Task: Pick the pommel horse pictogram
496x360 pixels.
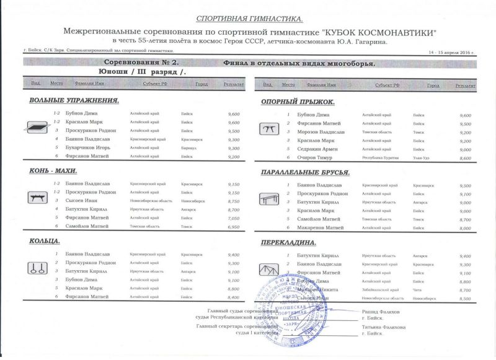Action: [33, 198]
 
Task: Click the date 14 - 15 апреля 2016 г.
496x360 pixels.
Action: [447, 54]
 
